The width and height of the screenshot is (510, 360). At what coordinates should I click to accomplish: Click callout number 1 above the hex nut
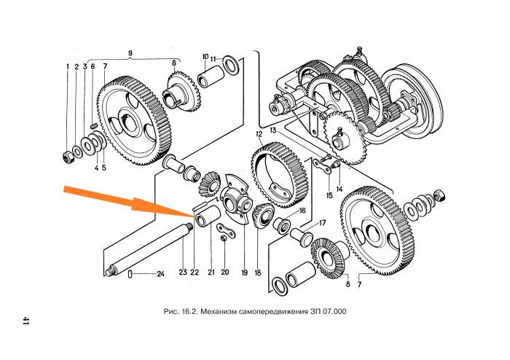67,67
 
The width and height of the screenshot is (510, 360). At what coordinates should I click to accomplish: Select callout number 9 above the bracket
130,52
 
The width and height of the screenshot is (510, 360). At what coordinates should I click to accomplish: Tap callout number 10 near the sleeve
205,56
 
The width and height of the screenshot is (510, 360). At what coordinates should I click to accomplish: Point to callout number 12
259,135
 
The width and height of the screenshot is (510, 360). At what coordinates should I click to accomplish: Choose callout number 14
339,188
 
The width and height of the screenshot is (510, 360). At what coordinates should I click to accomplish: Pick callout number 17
321,223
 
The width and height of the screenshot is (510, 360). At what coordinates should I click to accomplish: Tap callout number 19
244,273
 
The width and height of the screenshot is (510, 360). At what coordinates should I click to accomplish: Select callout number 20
225,273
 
